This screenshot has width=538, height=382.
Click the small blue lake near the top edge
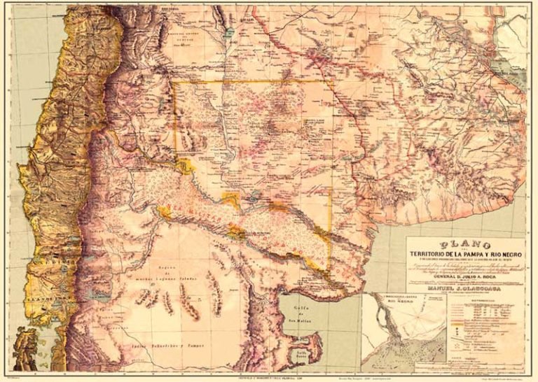(228, 33)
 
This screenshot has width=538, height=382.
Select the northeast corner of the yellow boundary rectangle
(332, 83)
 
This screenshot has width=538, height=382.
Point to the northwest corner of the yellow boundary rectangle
(174, 83)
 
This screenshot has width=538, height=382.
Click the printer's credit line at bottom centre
(269, 375)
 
